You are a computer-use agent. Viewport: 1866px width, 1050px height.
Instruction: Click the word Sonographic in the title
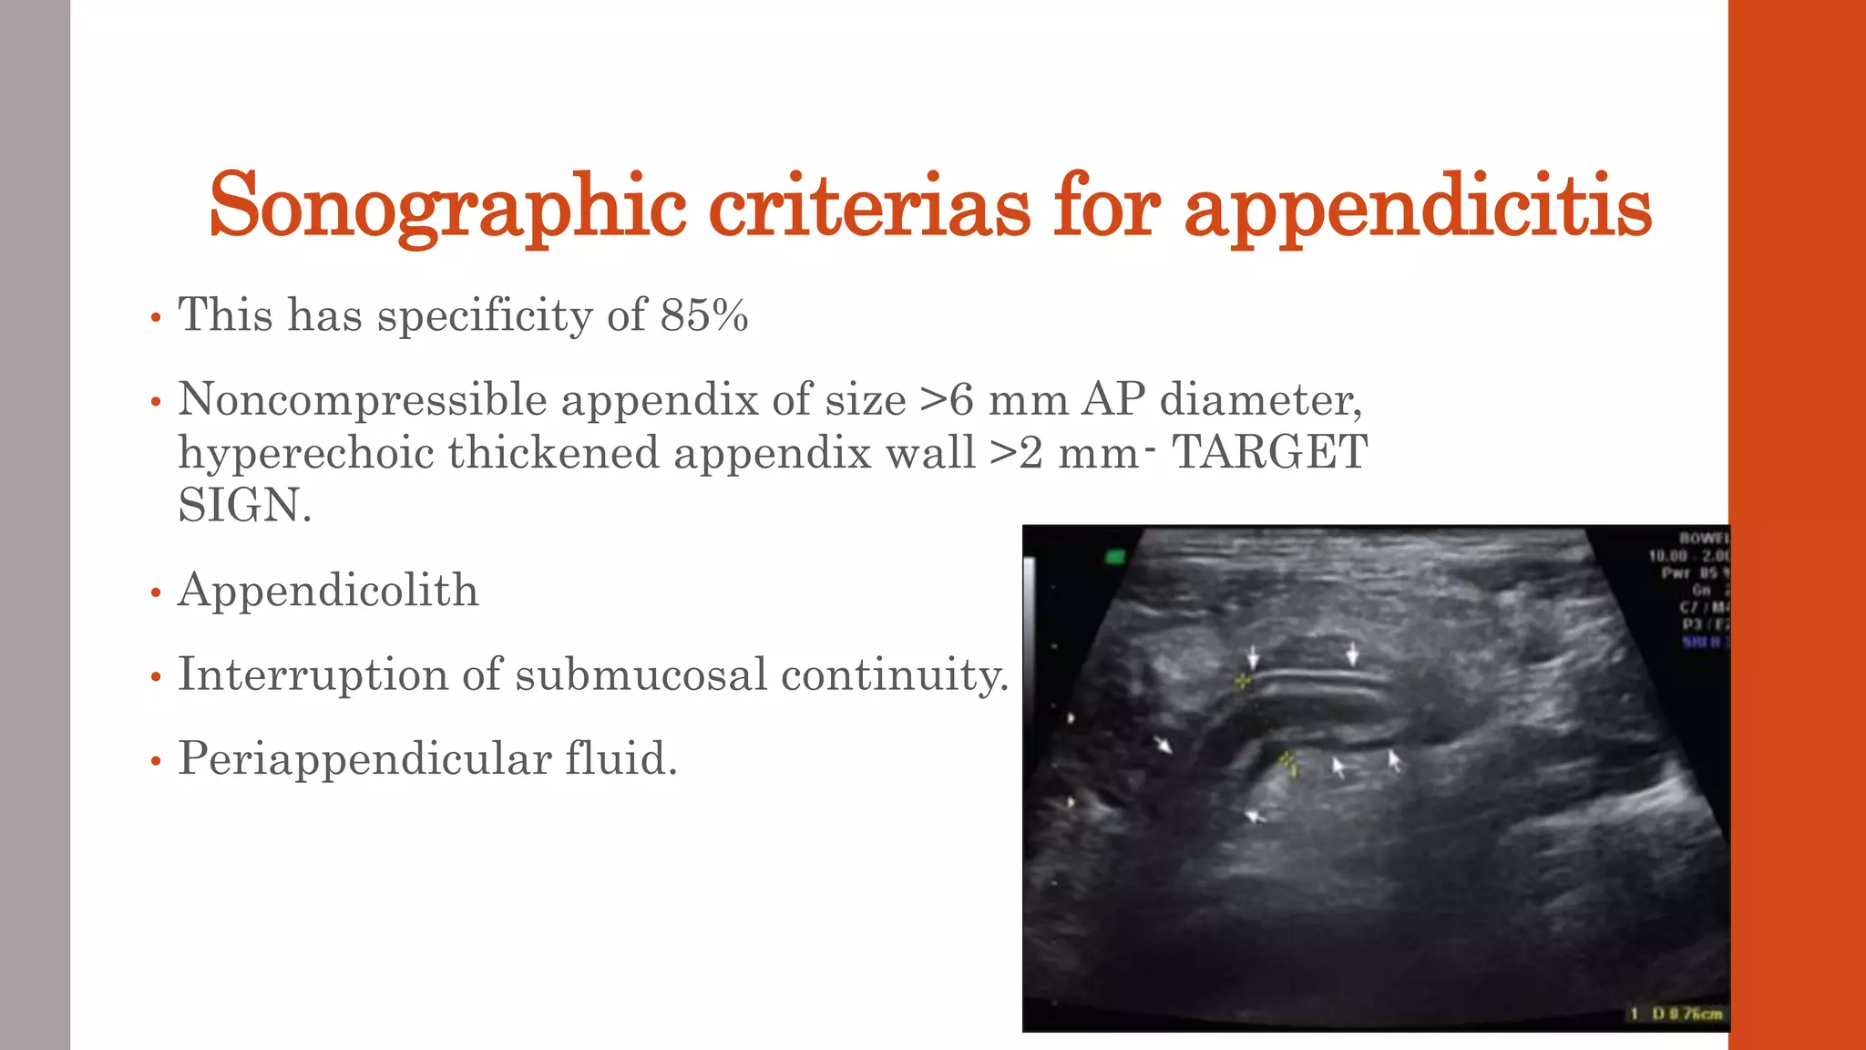click(447, 207)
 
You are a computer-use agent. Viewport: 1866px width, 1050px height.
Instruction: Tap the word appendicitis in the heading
click(1417, 207)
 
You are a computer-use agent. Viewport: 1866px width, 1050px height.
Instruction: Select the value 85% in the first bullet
click(704, 315)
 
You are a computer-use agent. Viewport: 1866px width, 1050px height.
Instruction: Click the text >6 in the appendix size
click(947, 399)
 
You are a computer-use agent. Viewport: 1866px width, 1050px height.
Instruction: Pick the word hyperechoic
click(305, 452)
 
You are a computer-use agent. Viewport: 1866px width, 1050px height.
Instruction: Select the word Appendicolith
click(328, 590)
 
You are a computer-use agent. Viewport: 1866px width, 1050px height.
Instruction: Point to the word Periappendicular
click(364, 758)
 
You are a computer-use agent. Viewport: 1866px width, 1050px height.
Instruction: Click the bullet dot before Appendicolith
click(156, 594)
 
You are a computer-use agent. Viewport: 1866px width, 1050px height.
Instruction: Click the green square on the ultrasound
click(1114, 556)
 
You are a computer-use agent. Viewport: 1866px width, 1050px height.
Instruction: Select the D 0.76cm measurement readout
click(1686, 1014)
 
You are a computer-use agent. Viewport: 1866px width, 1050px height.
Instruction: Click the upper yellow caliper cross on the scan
click(1241, 681)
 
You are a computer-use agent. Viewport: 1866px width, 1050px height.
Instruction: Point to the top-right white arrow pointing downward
click(1353, 654)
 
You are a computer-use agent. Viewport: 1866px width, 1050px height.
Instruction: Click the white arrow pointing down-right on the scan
click(1163, 745)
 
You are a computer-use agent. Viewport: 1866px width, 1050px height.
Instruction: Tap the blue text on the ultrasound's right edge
click(1704, 642)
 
